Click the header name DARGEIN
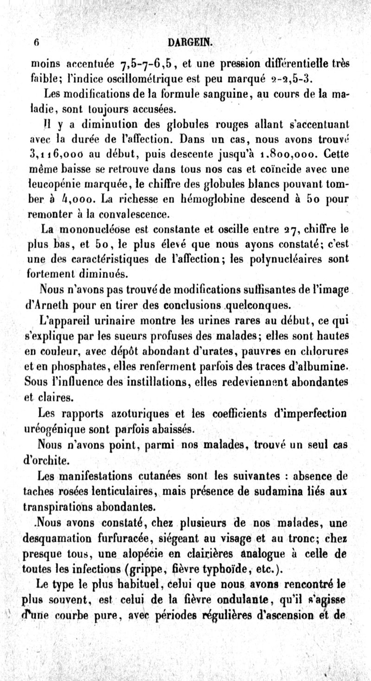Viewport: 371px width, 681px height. (191, 42)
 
